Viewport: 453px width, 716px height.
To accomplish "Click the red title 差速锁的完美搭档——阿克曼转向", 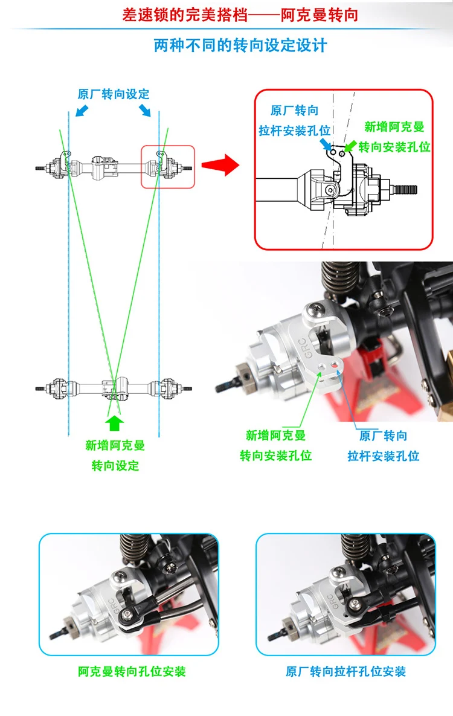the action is point(240,15).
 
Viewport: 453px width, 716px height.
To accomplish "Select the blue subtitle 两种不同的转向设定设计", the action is point(240,45).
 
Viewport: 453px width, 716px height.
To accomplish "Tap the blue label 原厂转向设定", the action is point(114,94).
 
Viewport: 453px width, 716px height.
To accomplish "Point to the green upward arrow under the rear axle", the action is point(115,423).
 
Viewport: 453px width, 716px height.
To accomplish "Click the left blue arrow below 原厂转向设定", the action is point(82,110).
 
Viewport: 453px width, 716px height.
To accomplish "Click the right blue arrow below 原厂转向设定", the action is point(145,110).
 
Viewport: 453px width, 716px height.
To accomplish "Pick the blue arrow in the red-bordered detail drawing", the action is point(326,144).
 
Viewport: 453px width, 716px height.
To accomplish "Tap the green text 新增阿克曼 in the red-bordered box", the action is point(394,126).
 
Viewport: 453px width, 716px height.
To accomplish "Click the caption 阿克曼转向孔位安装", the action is point(132,671).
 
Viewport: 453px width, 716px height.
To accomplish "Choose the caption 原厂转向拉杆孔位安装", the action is point(345,671).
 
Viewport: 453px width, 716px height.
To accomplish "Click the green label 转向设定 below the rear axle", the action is point(115,466).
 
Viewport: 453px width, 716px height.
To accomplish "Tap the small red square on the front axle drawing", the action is point(167,167).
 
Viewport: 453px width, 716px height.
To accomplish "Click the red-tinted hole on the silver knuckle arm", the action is point(335,364).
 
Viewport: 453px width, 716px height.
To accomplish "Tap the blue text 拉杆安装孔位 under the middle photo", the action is point(384,456).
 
